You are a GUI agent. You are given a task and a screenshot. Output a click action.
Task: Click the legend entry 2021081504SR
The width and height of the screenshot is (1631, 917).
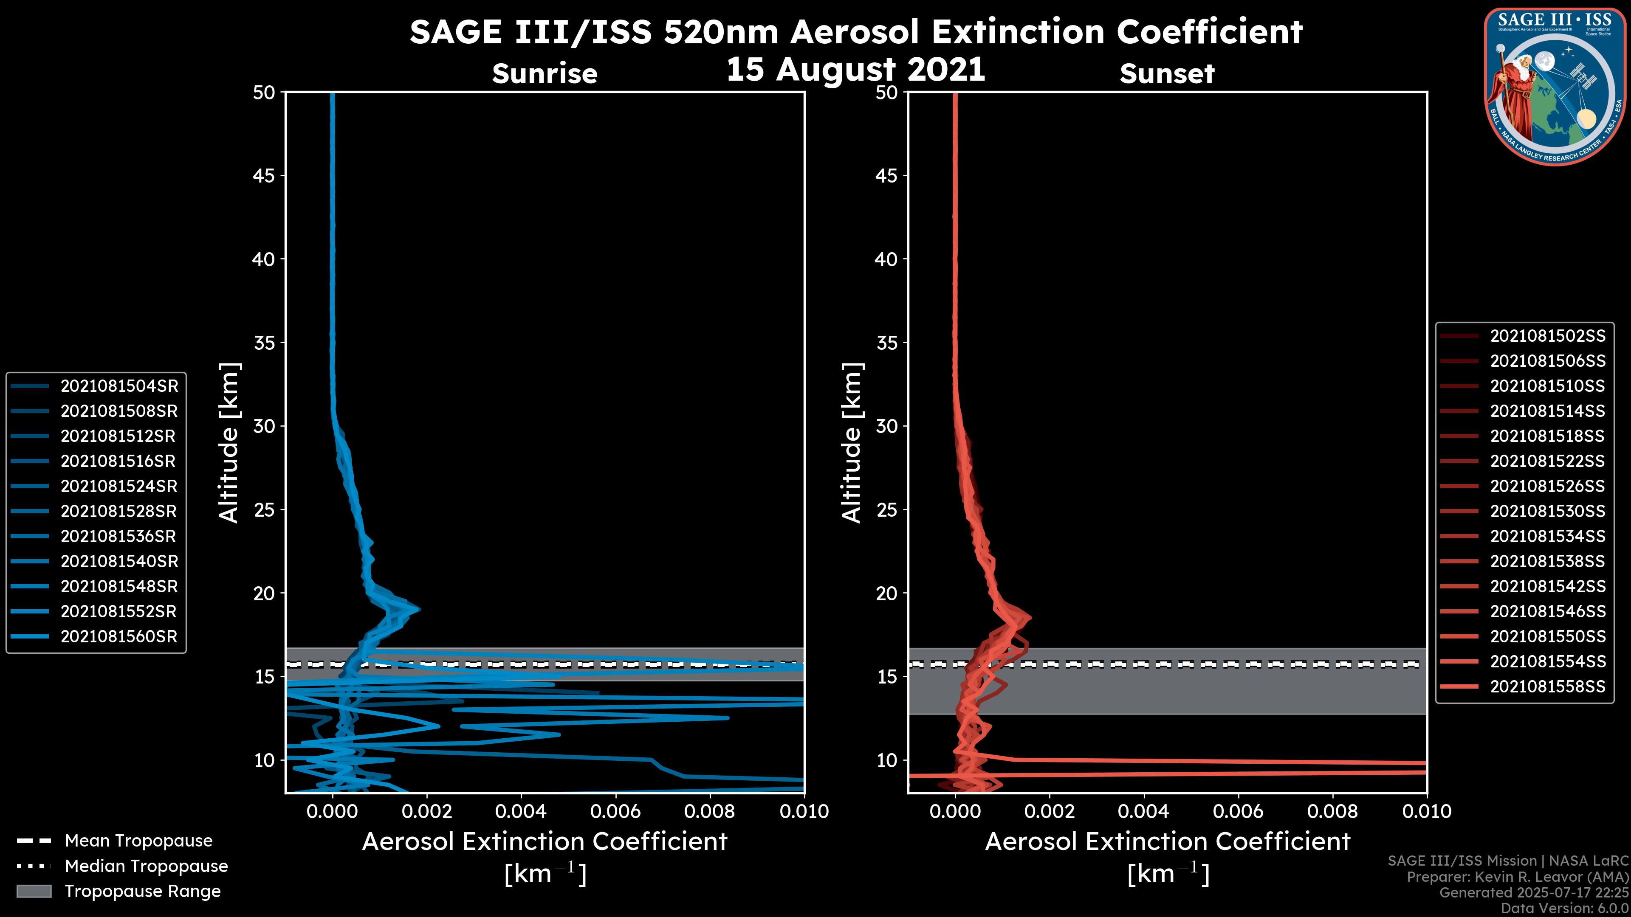coord(119,386)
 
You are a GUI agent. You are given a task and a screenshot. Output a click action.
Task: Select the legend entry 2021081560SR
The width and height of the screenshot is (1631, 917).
coord(119,637)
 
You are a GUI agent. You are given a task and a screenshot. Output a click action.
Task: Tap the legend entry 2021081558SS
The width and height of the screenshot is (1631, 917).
coord(1547,686)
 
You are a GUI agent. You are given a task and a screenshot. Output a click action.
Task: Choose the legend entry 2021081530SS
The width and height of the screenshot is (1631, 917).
coord(1547,511)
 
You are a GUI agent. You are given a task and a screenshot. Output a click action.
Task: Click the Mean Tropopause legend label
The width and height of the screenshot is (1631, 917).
coord(138,841)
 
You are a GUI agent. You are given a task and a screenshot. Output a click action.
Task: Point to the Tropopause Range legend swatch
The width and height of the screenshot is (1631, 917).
coord(34,892)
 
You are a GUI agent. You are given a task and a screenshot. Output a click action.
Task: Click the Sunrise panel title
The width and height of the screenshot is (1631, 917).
coord(545,74)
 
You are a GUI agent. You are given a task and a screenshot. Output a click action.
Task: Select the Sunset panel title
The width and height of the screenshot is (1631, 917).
coord(1167,74)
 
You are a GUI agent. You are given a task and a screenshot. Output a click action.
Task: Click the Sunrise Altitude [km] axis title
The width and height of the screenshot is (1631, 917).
coord(229,442)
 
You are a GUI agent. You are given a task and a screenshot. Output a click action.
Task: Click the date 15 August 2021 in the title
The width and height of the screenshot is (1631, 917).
coord(855,69)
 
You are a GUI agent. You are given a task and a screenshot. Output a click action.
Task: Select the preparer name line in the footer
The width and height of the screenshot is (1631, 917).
coord(1517,877)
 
